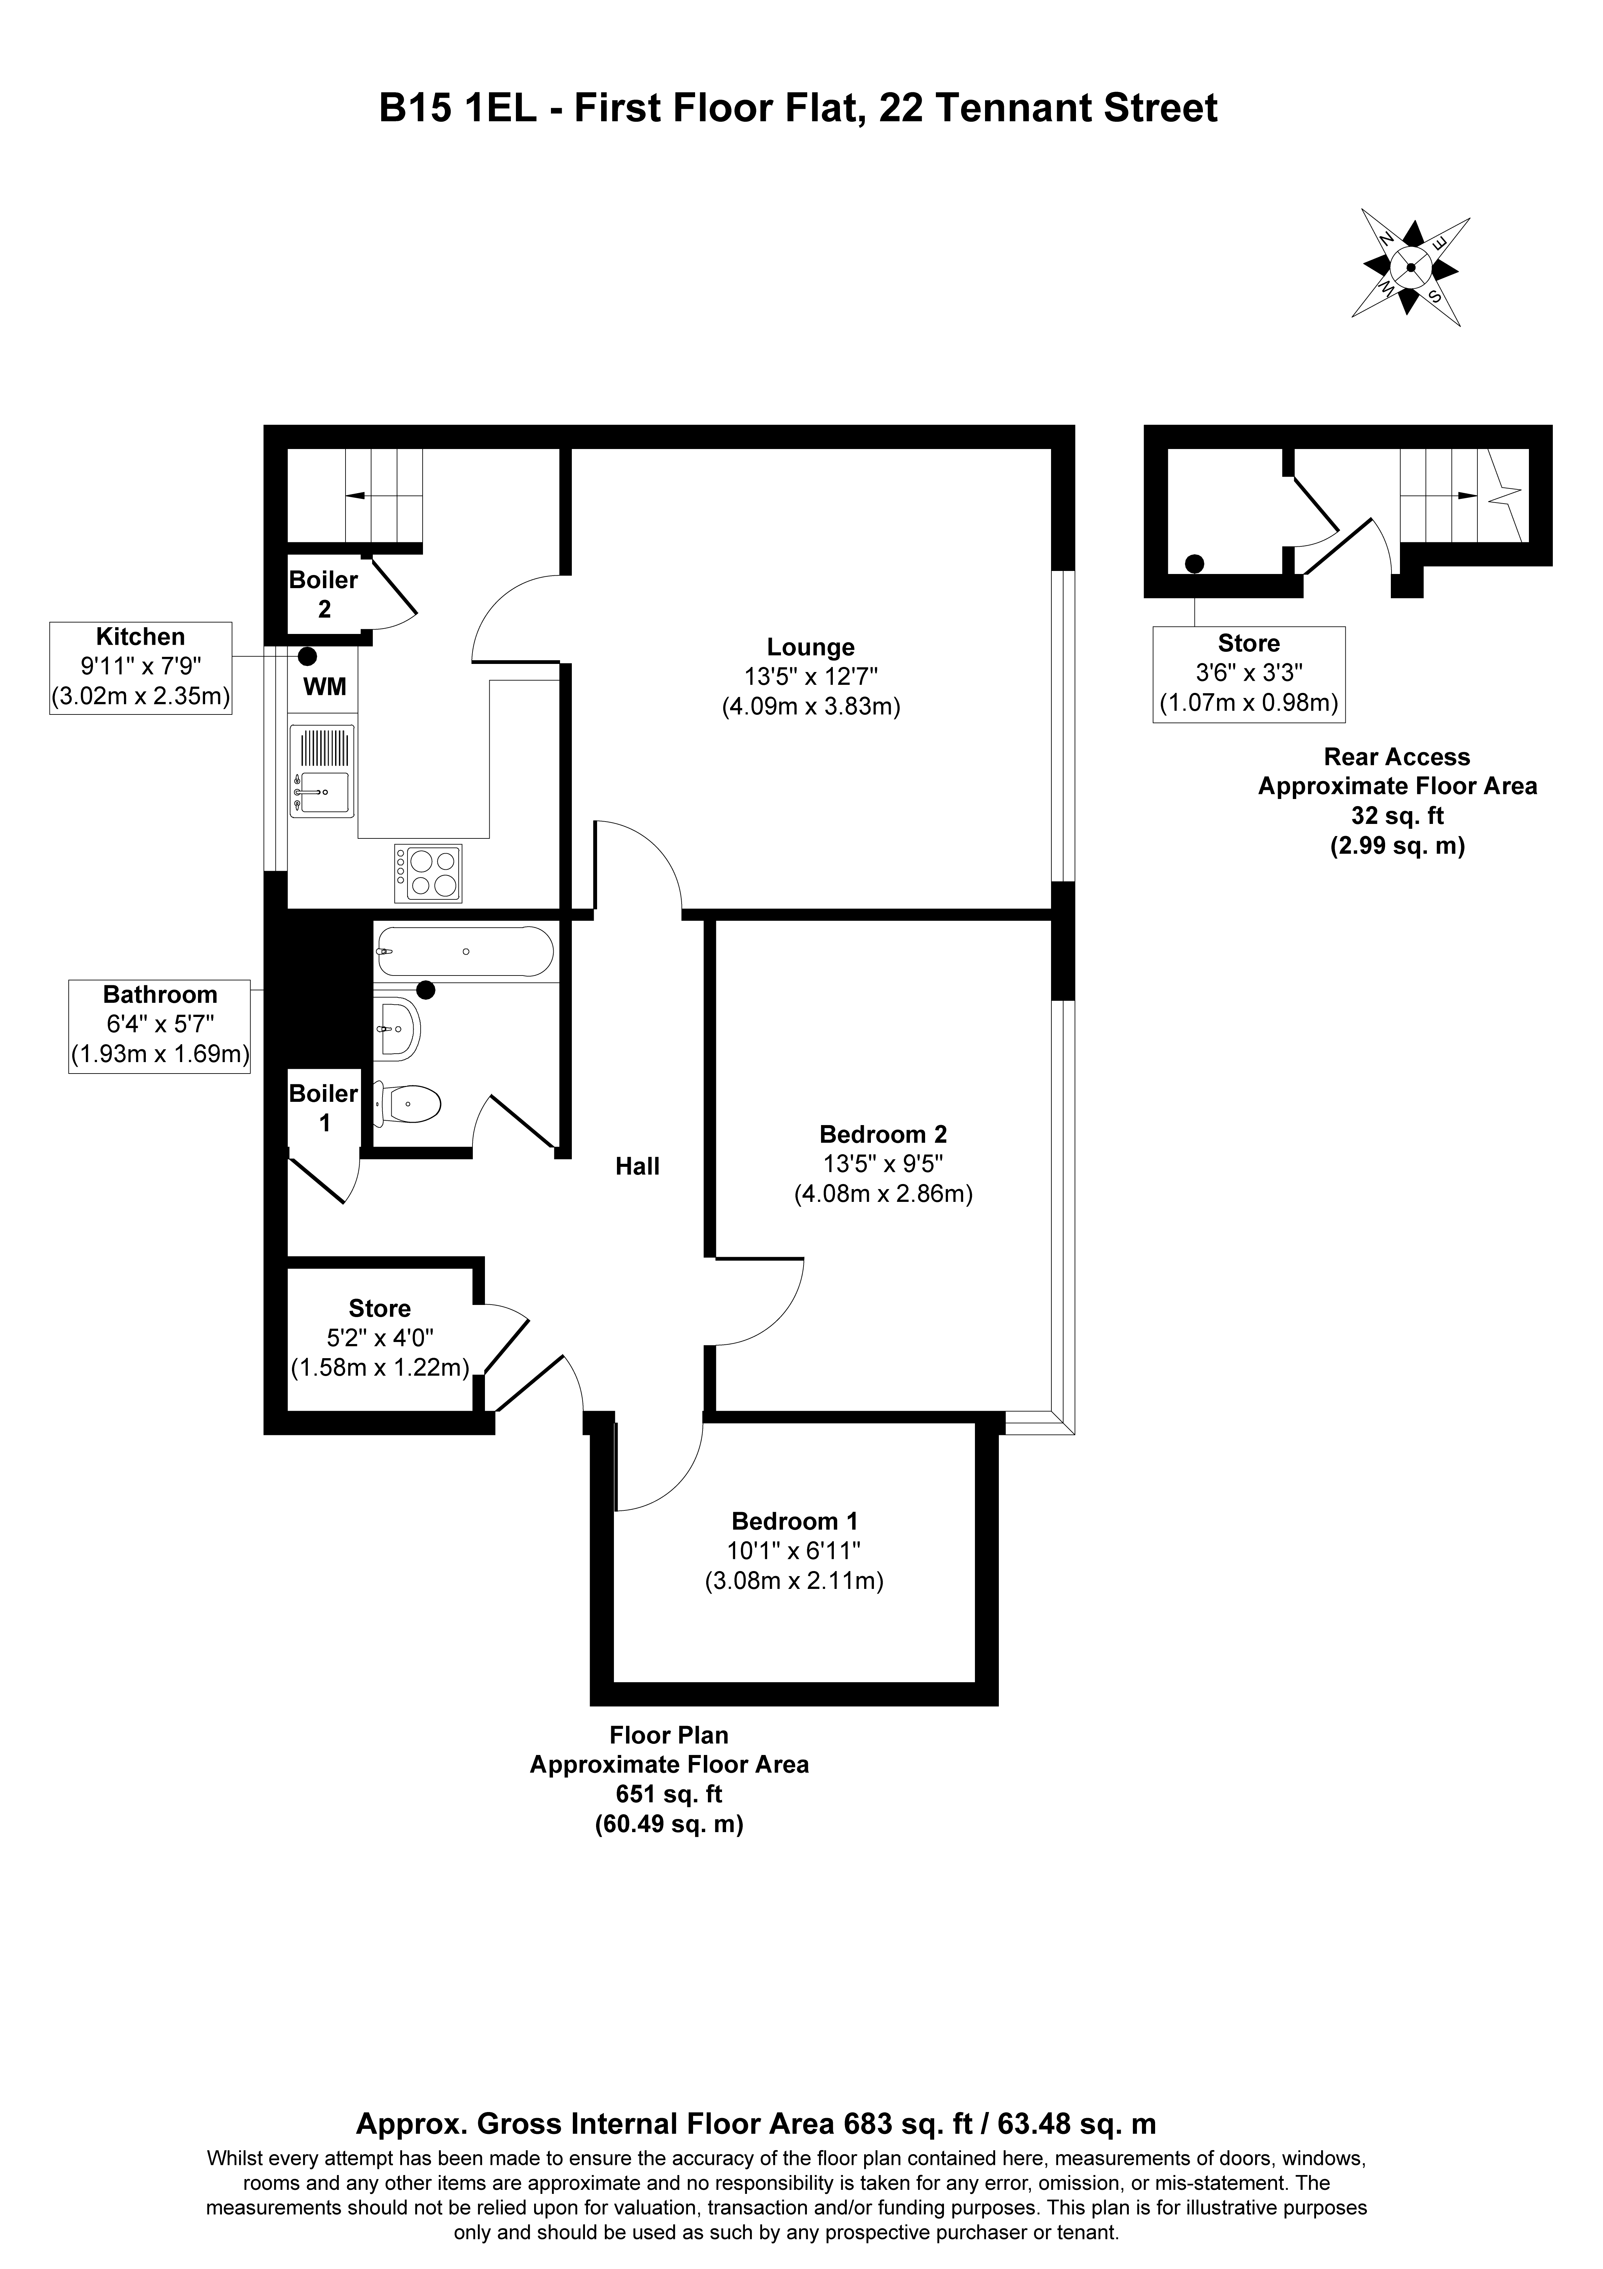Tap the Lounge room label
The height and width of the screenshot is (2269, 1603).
pyautogui.click(x=810, y=647)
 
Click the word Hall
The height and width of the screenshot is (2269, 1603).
pyautogui.click(x=637, y=1166)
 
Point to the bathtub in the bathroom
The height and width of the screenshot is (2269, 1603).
pyautogui.click(x=464, y=952)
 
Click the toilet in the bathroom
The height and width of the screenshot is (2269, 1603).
pyautogui.click(x=407, y=1104)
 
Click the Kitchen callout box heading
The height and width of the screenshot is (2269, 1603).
pyautogui.click(x=140, y=636)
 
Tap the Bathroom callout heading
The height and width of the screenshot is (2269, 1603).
pyautogui.click(x=160, y=994)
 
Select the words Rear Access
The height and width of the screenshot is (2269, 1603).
pyautogui.click(x=1397, y=757)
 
